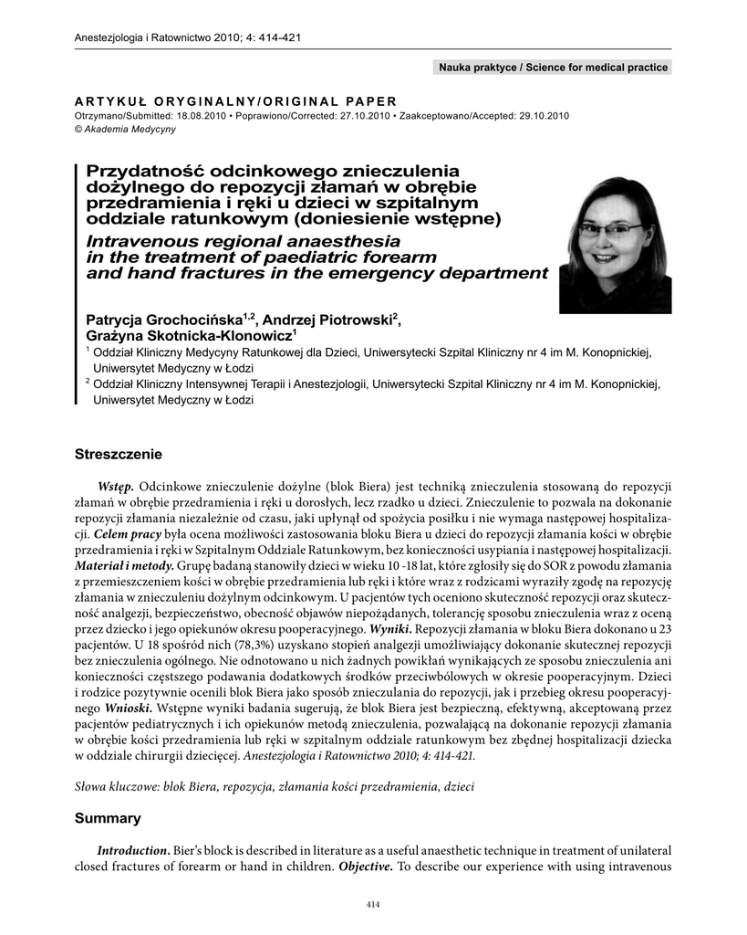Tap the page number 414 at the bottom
click(x=372, y=904)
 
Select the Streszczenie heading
click(x=118, y=454)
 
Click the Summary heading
click(x=108, y=818)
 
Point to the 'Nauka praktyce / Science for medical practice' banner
click(x=554, y=68)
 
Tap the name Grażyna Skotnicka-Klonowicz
click(x=187, y=336)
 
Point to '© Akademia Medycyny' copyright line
click(x=125, y=129)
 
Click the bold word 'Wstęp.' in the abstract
click(x=116, y=485)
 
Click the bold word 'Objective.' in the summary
click(x=366, y=867)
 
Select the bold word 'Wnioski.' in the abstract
click(x=129, y=708)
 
